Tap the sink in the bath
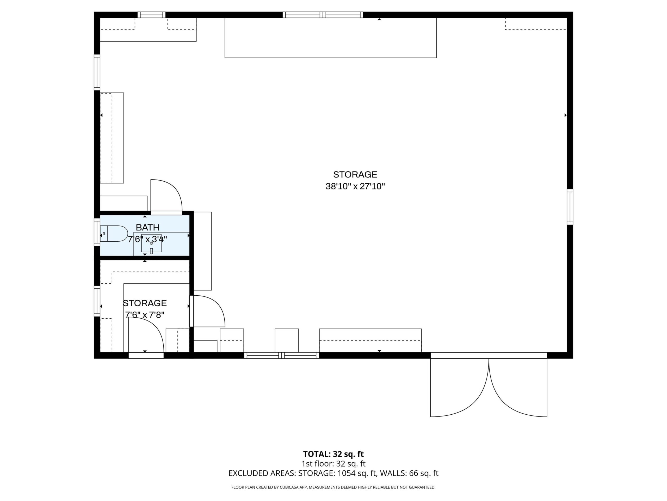(x=151, y=243)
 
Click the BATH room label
(x=147, y=227)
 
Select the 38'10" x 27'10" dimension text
(x=355, y=186)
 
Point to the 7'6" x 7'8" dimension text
(x=145, y=315)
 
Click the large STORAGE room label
(x=355, y=175)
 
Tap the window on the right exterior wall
(x=570, y=207)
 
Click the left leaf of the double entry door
(x=459, y=387)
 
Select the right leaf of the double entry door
(x=518, y=387)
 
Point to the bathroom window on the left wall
(x=97, y=232)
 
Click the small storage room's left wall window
(x=97, y=301)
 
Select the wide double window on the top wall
(x=323, y=15)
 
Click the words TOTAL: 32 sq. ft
(x=333, y=454)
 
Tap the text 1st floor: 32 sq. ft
(x=333, y=463)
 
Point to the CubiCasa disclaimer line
(x=333, y=487)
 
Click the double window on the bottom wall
(x=281, y=355)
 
